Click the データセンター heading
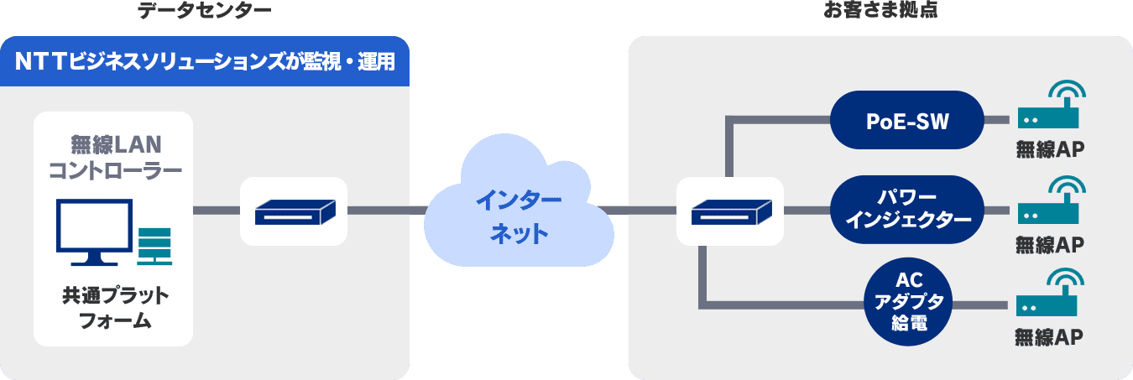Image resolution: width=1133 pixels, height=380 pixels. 204,11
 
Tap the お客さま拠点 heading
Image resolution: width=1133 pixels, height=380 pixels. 880,11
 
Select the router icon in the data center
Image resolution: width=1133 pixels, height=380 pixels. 294,211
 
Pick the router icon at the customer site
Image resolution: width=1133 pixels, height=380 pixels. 729,211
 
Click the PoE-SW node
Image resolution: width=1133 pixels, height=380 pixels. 906,121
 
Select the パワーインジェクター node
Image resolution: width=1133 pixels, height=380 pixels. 907,210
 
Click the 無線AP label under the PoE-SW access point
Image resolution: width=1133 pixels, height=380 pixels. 1050,150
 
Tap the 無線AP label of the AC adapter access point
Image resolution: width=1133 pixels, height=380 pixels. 1048,337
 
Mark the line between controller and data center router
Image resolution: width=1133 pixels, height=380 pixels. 217,211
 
